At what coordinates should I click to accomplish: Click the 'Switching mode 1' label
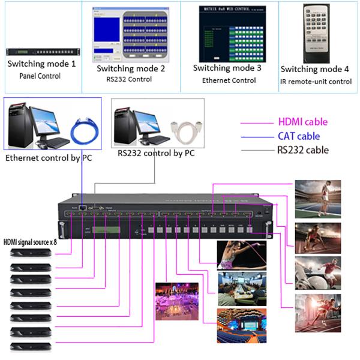[x=41, y=64]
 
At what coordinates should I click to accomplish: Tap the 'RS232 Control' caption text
[x=129, y=79]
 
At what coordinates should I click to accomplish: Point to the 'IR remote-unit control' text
[x=316, y=81]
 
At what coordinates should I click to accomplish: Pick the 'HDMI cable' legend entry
[x=303, y=122]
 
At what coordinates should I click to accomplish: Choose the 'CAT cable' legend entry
[x=299, y=136]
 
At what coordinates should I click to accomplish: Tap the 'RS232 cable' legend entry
[x=302, y=150]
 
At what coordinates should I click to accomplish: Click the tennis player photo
[x=317, y=198]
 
